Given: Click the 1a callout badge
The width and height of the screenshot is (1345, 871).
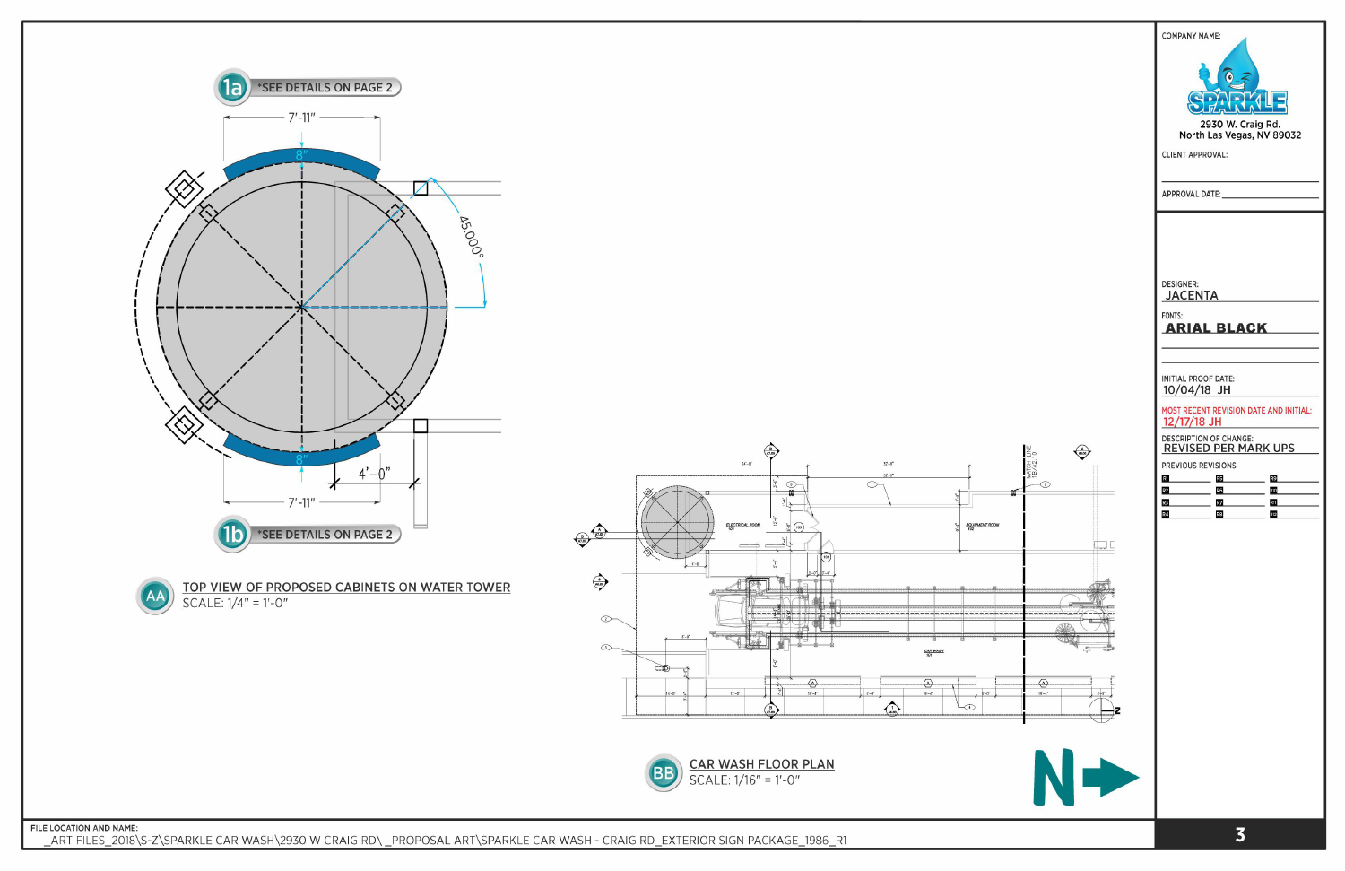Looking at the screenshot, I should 232,87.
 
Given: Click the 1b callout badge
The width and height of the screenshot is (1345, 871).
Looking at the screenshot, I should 232,534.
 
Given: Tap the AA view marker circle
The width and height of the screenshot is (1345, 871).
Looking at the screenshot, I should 155,596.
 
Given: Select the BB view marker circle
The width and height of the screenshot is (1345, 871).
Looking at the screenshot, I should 664,772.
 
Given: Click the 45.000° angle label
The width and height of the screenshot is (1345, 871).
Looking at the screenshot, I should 471,236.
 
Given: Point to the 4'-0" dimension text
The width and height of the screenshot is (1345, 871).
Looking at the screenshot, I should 374,473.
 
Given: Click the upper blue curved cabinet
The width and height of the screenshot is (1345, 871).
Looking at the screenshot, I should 301,162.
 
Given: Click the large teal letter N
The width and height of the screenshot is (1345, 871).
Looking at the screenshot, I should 1054,777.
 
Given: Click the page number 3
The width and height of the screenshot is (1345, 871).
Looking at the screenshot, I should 1239,835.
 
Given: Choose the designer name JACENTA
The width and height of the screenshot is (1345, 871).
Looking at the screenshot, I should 1192,295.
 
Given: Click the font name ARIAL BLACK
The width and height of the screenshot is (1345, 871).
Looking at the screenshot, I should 1216,328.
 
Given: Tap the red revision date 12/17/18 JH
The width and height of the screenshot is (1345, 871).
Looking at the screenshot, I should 1192,422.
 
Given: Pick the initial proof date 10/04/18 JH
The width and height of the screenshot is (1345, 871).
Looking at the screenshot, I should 1196,390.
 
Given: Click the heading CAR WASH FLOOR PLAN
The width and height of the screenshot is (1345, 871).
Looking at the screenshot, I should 761,764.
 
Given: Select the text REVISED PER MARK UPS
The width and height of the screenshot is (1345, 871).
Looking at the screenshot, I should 1228,449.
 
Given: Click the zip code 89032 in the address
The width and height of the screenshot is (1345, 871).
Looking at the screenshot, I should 1287,135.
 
